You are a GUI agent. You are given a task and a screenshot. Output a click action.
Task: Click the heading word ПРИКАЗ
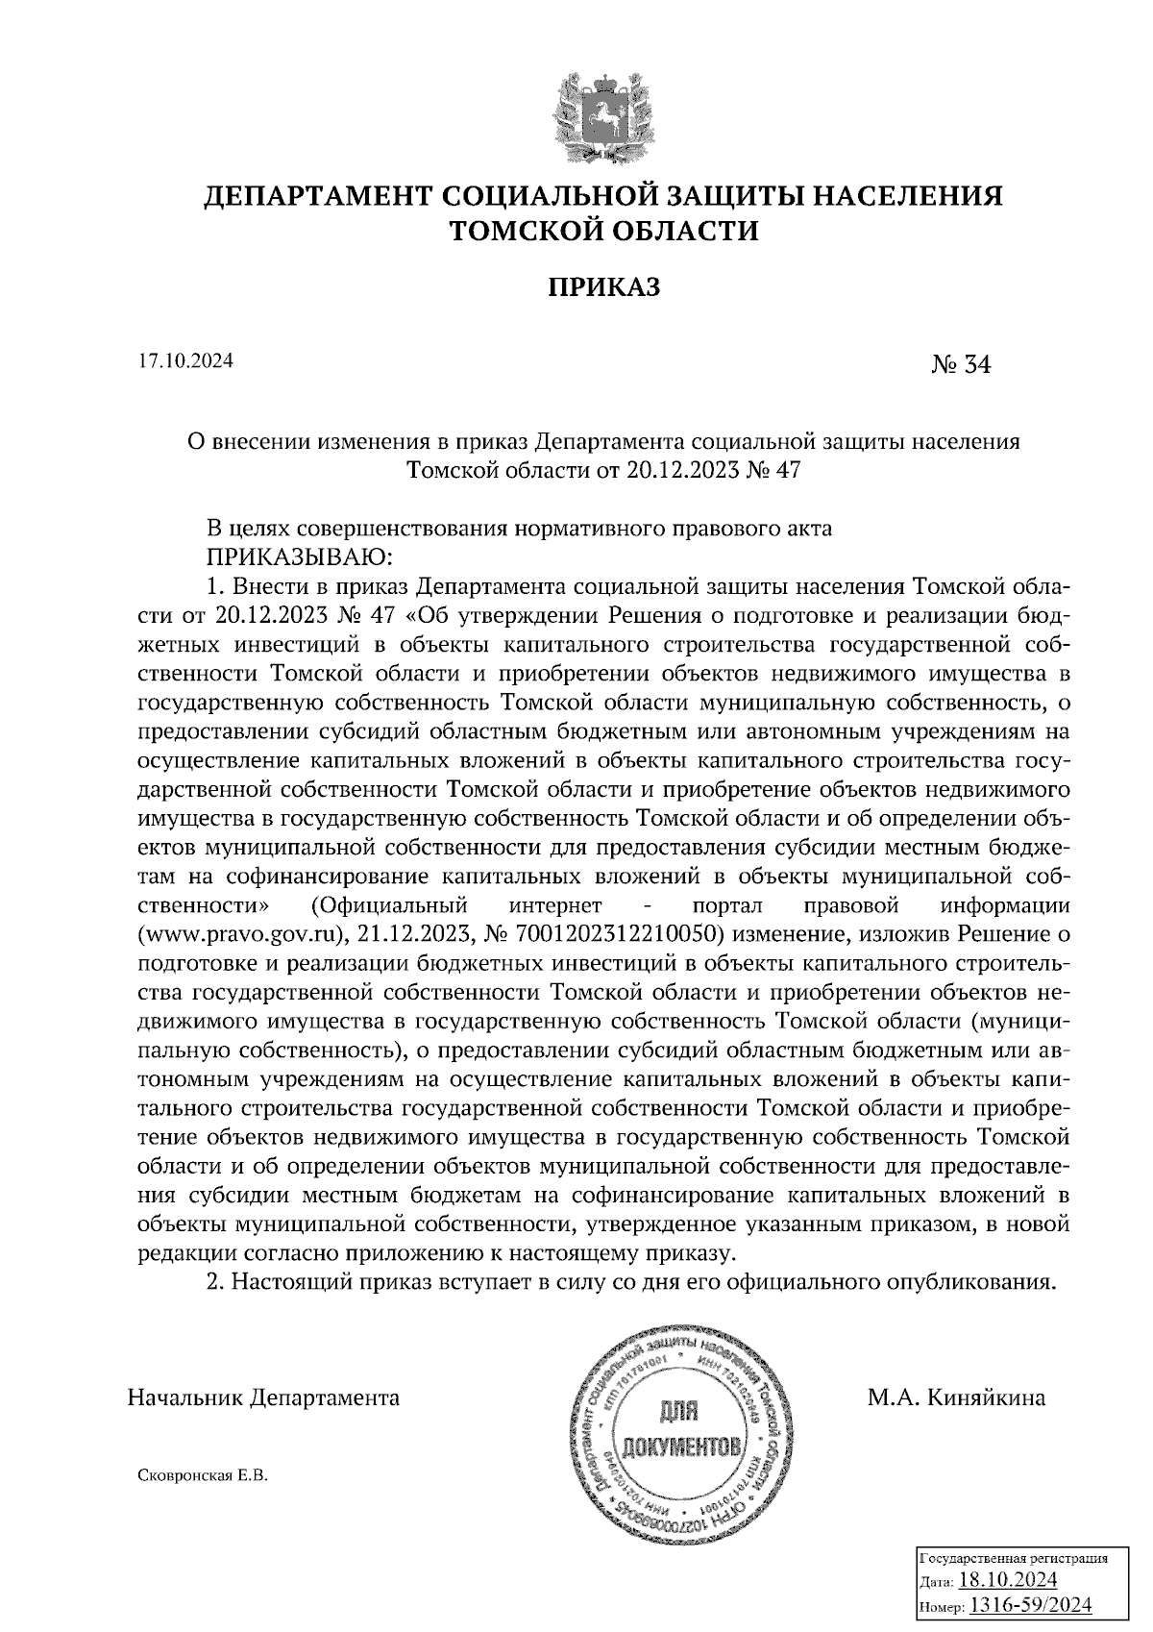[604, 286]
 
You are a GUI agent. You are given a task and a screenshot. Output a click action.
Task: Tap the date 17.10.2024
[185, 361]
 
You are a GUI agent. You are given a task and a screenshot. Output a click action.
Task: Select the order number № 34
[960, 365]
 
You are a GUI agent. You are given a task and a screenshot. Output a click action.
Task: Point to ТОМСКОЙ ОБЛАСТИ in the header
[604, 232]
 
